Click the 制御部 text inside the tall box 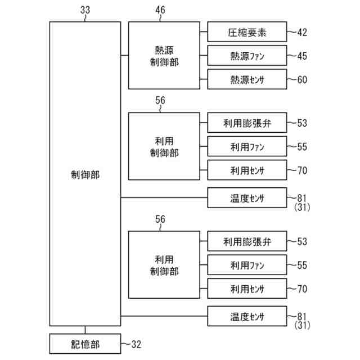[x=85, y=174]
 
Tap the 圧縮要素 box [x=247, y=32]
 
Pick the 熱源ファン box [x=247, y=56]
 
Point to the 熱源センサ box [x=247, y=79]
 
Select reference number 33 [x=85, y=10]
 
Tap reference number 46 [x=160, y=10]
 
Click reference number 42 [x=302, y=32]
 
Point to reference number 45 [x=302, y=56]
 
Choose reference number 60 [x=302, y=79]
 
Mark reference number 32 [x=139, y=343]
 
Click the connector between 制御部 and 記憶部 [x=85, y=330]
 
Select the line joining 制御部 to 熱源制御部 [x=124, y=55]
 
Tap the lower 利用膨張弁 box [x=247, y=242]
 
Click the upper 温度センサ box [x=247, y=197]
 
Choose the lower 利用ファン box [x=247, y=265]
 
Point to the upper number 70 [x=302, y=169]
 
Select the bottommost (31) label [x=302, y=325]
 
